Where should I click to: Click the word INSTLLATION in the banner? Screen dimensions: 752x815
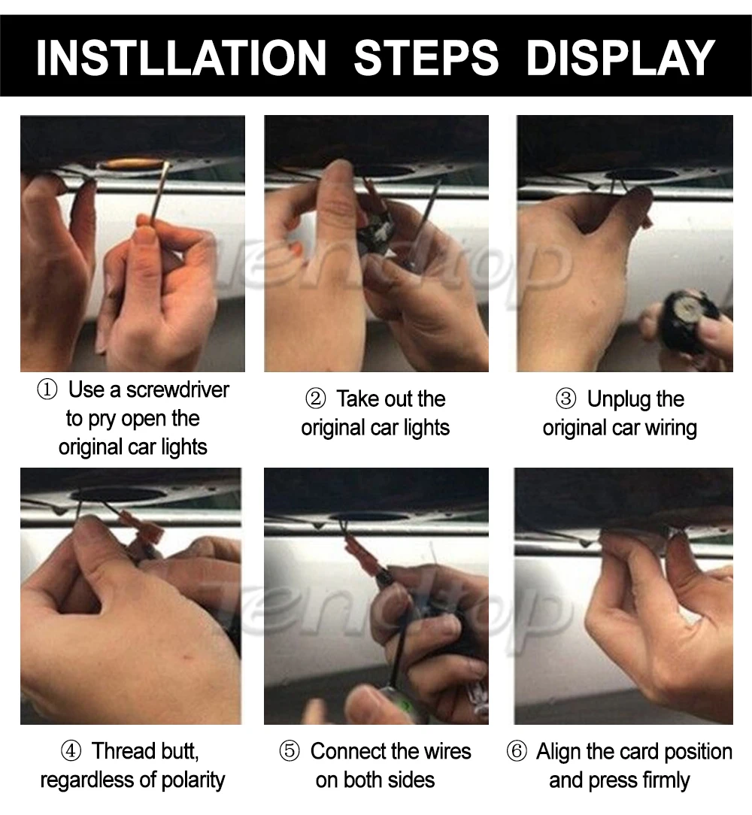[x=181, y=57]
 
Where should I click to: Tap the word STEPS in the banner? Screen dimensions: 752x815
[x=426, y=57]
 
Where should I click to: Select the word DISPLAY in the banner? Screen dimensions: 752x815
[x=621, y=57]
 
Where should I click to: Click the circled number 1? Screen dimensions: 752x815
[x=47, y=389]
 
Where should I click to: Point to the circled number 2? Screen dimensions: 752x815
[x=315, y=399]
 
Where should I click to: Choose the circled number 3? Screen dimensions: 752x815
[x=566, y=399]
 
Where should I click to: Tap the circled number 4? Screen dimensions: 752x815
[x=71, y=751]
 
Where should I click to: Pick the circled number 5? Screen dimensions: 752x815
[x=290, y=752]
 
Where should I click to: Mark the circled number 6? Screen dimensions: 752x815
[x=517, y=752]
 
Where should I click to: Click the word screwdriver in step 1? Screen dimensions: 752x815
[x=177, y=389]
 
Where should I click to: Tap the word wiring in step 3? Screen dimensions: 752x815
[x=671, y=429]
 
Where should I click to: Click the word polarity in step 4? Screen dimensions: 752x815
[x=193, y=780]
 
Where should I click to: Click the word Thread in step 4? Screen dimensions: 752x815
[x=124, y=751]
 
